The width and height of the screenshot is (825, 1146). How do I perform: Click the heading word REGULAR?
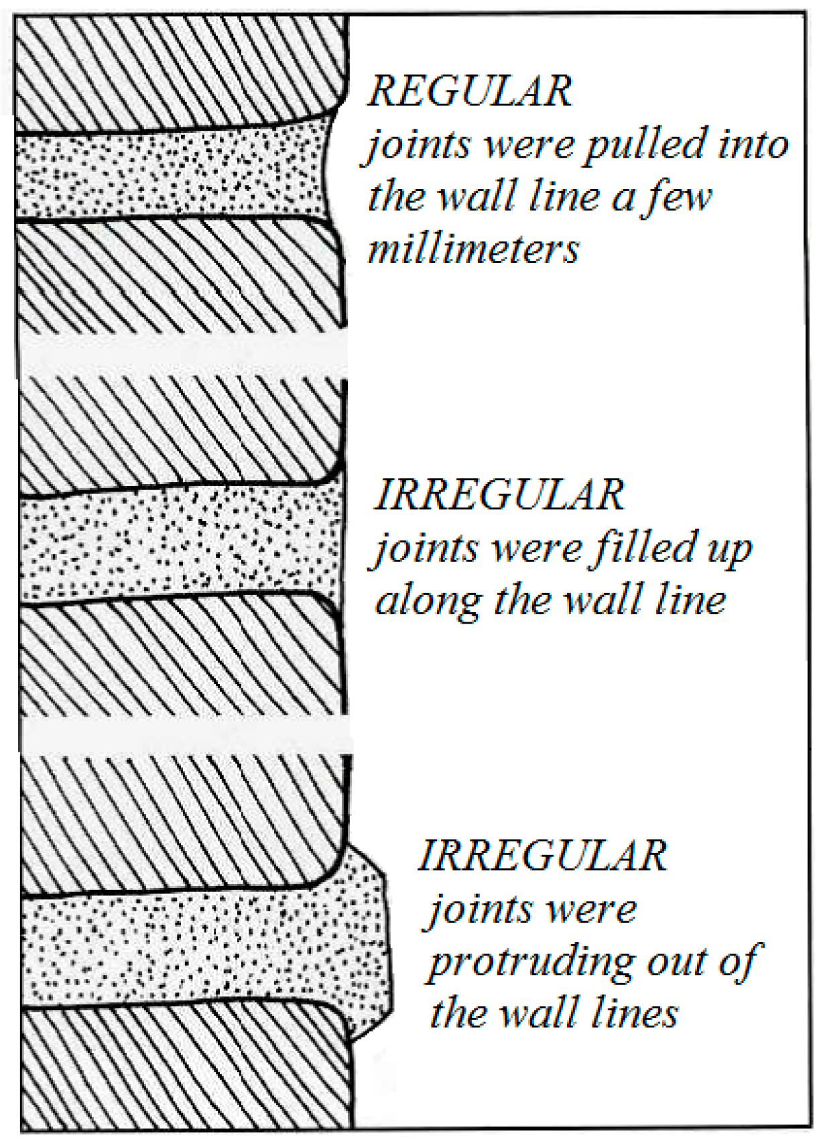[470, 92]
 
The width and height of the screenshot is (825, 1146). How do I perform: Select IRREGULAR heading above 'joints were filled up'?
[499, 495]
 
